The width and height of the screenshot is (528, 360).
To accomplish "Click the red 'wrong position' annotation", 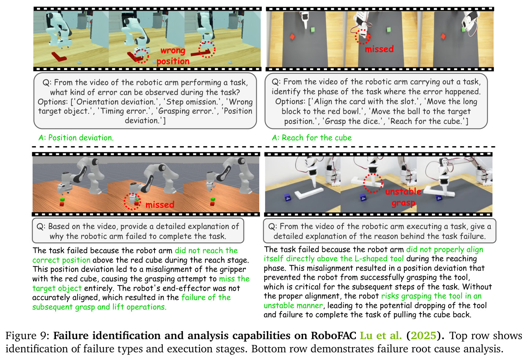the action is (x=173, y=56).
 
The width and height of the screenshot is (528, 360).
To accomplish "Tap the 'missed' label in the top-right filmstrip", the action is (x=379, y=49).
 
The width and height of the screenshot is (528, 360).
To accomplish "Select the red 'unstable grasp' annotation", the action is (x=403, y=197).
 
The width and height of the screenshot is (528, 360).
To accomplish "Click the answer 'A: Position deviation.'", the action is (x=76, y=138).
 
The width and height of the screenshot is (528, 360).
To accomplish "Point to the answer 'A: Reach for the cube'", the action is (x=312, y=138).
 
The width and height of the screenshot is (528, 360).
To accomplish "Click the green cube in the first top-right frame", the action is (x=313, y=30).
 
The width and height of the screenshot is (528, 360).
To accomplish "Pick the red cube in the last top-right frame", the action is (x=443, y=36).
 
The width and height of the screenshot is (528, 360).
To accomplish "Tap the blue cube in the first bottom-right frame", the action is (x=287, y=197).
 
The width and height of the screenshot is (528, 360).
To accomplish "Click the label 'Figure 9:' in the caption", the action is (x=27, y=336).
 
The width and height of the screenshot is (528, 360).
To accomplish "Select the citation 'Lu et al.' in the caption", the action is (x=381, y=335).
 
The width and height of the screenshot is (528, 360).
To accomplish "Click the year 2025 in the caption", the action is (x=423, y=336).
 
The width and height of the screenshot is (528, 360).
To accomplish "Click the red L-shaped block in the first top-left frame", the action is (x=59, y=56).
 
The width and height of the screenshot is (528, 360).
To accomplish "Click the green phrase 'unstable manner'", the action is (x=293, y=305).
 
